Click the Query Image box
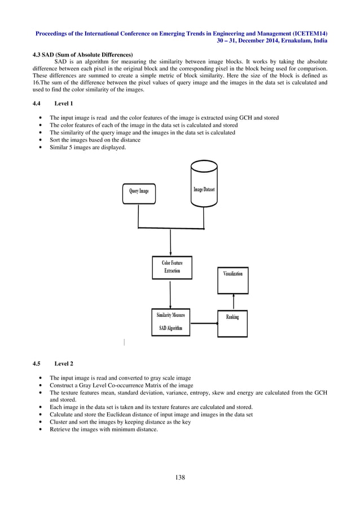(x=139, y=192)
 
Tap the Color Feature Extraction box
(x=172, y=267)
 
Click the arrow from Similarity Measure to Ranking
(x=203, y=324)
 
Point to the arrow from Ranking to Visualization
(x=232, y=301)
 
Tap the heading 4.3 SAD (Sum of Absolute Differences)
(x=82, y=54)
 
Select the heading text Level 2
(x=64, y=364)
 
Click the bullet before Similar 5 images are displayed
(x=39, y=148)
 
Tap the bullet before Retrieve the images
(x=39, y=429)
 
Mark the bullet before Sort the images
(x=39, y=140)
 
